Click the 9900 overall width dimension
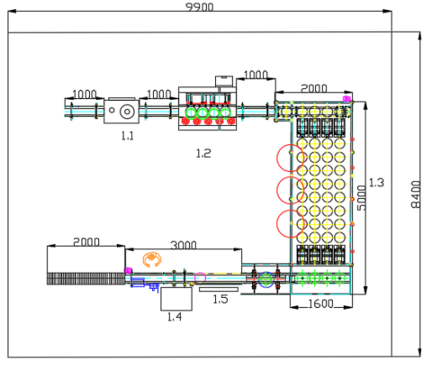[200, 7]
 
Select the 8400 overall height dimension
[416, 195]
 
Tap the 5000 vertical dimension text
[361, 198]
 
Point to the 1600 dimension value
[321, 304]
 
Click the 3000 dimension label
[183, 245]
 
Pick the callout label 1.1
[128, 136]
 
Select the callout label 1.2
[203, 154]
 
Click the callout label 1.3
[377, 183]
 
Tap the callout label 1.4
[174, 317]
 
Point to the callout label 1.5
[220, 300]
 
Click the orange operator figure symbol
[152, 259]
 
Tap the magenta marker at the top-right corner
[346, 98]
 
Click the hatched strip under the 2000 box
[86, 279]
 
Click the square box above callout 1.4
[176, 299]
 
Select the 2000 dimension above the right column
[313, 88]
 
